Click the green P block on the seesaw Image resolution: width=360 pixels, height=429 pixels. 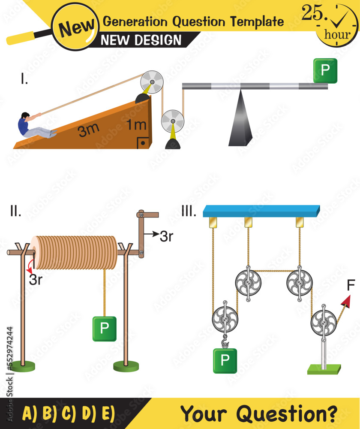[x=325, y=71]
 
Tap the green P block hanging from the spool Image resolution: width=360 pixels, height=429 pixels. [x=104, y=328]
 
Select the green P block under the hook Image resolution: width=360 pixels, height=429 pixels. [x=225, y=361]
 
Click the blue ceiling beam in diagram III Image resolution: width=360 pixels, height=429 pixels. [x=261, y=211]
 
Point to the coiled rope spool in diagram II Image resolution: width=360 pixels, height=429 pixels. [x=75, y=252]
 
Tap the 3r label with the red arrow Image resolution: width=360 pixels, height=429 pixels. [x=36, y=280]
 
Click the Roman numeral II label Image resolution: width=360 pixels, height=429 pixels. [x=15, y=211]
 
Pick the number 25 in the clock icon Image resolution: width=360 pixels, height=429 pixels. [x=312, y=14]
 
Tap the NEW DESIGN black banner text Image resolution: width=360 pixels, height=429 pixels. [x=141, y=40]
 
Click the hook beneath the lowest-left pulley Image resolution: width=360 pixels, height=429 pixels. [x=224, y=342]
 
